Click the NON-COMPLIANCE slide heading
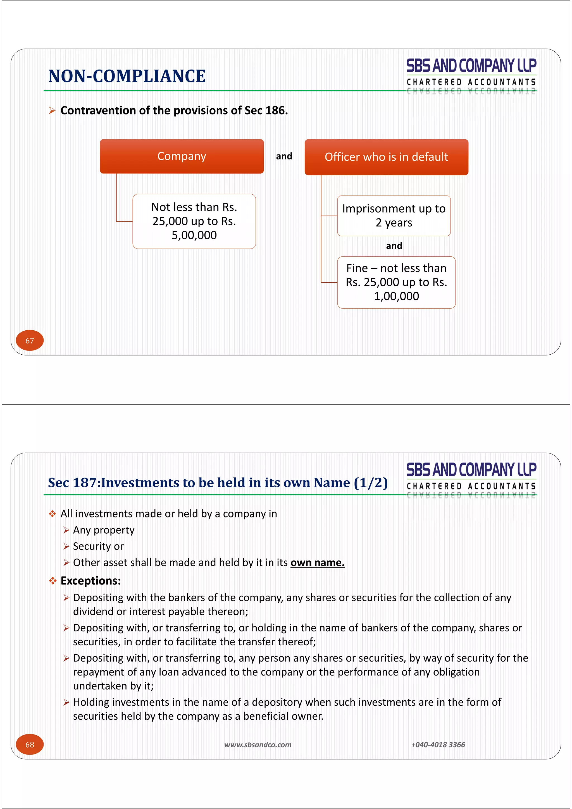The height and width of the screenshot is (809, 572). (127, 76)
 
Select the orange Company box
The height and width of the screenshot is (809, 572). (182, 156)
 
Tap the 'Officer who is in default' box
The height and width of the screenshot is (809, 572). (386, 157)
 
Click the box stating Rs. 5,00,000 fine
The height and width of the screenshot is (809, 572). (194, 221)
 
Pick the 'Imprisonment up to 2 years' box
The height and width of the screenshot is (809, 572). (394, 216)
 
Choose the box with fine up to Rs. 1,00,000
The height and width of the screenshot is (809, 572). (396, 282)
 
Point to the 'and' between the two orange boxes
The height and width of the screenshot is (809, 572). (284, 156)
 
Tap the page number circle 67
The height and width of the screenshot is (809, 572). (30, 340)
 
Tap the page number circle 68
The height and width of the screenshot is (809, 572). (30, 744)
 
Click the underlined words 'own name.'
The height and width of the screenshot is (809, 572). (317, 563)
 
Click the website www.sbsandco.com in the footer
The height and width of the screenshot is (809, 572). (258, 744)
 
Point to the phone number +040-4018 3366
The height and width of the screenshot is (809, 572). (438, 744)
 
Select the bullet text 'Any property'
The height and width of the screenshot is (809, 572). (104, 530)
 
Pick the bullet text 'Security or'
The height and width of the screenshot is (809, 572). (98, 546)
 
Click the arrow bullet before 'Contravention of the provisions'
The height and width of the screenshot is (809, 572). (52, 111)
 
